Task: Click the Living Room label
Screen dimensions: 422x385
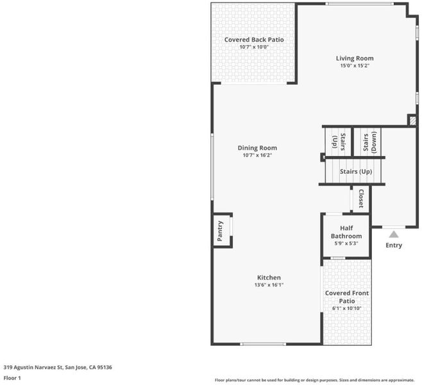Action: click(x=355, y=58)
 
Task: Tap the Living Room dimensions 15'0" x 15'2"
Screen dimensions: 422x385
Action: click(x=355, y=65)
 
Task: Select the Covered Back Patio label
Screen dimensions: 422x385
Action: click(x=254, y=40)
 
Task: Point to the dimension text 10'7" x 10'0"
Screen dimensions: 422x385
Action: click(x=254, y=47)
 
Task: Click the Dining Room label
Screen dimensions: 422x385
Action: click(x=257, y=148)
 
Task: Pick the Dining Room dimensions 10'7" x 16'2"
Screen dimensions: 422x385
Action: click(x=257, y=155)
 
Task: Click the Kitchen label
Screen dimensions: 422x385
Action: click(x=269, y=278)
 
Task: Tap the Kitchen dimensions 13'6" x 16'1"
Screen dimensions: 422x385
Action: click(x=269, y=285)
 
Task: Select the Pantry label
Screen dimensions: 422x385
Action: click(x=220, y=231)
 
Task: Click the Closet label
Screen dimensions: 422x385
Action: click(x=361, y=198)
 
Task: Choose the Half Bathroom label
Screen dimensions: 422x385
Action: click(x=346, y=232)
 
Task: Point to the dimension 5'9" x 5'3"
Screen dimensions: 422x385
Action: click(x=346, y=243)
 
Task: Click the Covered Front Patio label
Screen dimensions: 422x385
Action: click(x=347, y=297)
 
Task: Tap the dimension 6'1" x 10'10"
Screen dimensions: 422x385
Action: click(x=347, y=308)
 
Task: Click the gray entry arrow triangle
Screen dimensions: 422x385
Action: click(x=394, y=235)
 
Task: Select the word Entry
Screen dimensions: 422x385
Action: click(x=394, y=245)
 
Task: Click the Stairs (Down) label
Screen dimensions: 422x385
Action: click(x=370, y=142)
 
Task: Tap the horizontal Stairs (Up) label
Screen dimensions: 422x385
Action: click(x=356, y=171)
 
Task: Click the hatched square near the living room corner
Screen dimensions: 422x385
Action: click(x=412, y=121)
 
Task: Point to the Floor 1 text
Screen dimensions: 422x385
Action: click(x=12, y=378)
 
